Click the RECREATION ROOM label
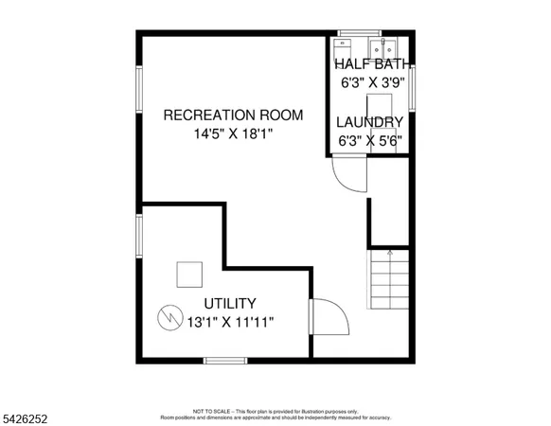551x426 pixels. tap(234, 115)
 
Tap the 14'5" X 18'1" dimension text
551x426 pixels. tap(234, 134)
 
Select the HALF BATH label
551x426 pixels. tap(374, 63)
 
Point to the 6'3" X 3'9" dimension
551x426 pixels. tap(374, 81)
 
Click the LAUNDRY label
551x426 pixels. tap(371, 122)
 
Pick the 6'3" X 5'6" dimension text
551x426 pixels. tap(371, 140)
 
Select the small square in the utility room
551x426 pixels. tap(188, 273)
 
